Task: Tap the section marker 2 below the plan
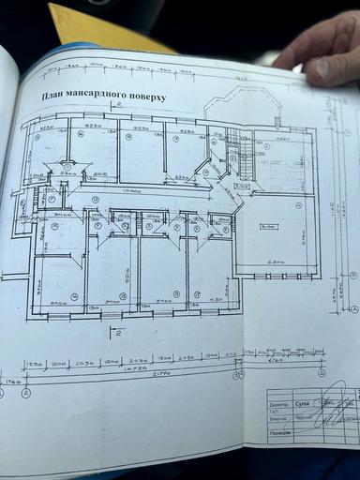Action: [117, 331]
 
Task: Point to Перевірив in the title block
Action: [278, 433]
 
